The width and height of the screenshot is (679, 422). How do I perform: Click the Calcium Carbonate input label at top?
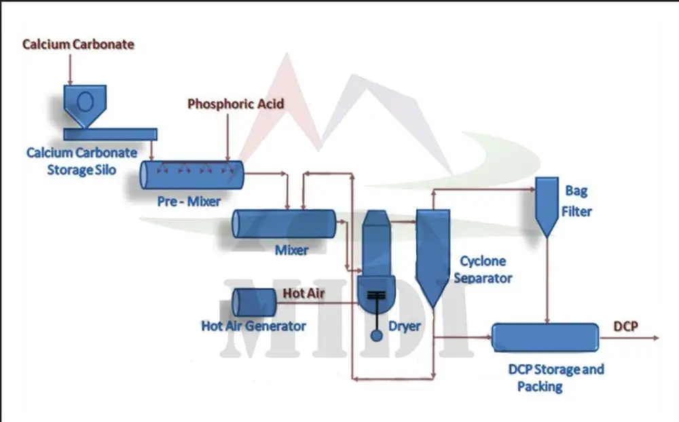coord(78,45)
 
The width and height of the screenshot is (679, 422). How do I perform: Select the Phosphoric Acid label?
coord(236,104)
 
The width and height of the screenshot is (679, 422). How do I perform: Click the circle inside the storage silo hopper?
coord(86,100)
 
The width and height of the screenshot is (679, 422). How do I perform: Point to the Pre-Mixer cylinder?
coord(192,174)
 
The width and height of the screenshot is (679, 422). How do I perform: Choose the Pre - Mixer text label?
coord(193,202)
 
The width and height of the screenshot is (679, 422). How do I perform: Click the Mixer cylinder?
coord(284,224)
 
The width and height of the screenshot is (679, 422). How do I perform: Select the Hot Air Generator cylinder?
coord(253,302)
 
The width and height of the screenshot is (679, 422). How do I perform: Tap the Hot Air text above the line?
coord(303,294)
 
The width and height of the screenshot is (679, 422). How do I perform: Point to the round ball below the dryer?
coord(376,334)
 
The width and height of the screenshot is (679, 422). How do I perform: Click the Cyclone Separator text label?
coord(483,269)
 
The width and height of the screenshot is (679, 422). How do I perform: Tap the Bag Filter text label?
coord(576,202)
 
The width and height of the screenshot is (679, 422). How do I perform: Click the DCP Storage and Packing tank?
coord(545,337)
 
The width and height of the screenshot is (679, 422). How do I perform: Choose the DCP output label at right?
coord(625,326)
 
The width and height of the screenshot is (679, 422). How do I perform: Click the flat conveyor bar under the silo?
coord(111,134)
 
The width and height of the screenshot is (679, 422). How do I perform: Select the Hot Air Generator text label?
coord(253,326)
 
